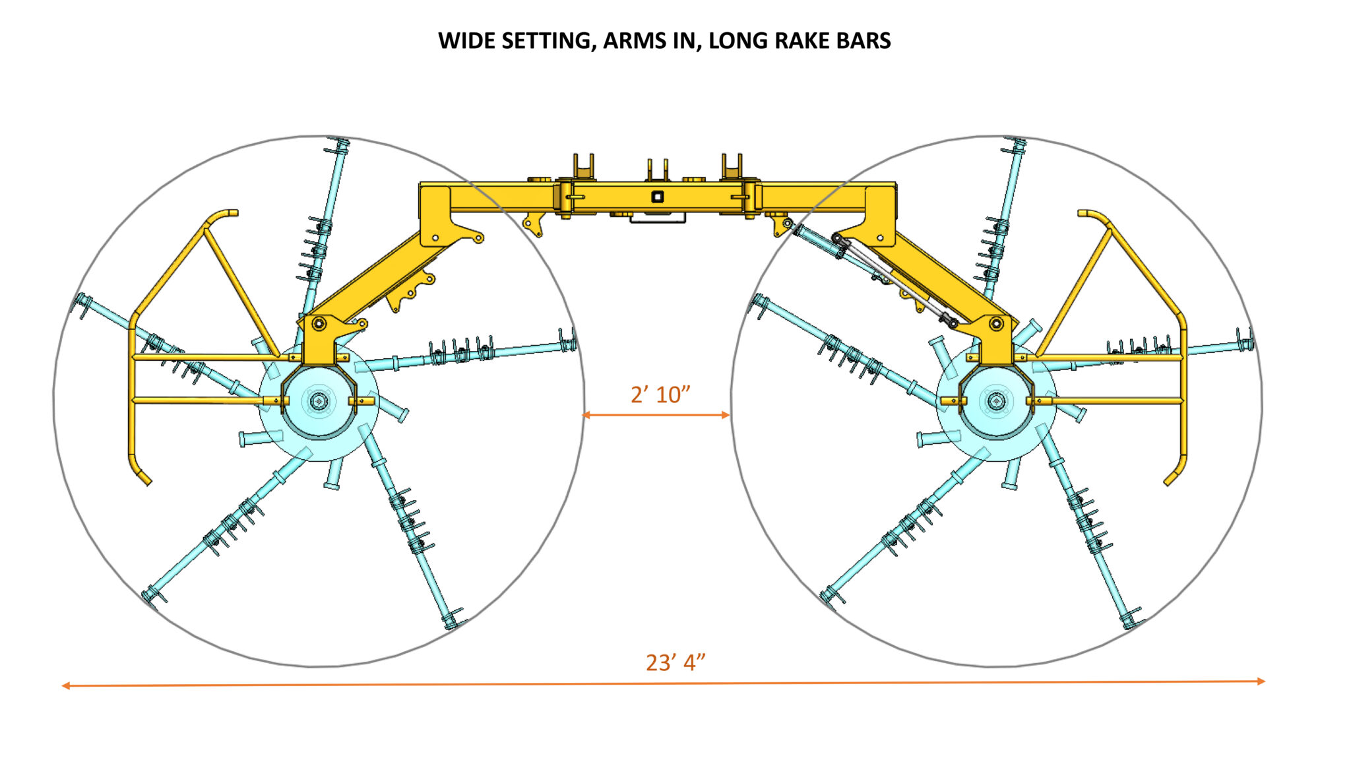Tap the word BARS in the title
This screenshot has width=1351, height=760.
(x=864, y=41)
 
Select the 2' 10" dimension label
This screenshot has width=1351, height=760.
(x=660, y=395)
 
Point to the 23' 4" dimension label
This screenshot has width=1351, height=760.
(x=675, y=662)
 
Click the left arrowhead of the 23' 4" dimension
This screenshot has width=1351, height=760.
(x=65, y=686)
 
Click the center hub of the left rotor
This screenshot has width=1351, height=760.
(x=319, y=400)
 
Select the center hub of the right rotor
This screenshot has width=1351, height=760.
(x=995, y=400)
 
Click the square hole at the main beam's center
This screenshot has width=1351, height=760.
(x=657, y=197)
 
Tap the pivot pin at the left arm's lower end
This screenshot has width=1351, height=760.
(x=319, y=324)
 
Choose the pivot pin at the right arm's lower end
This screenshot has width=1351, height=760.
(x=996, y=324)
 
